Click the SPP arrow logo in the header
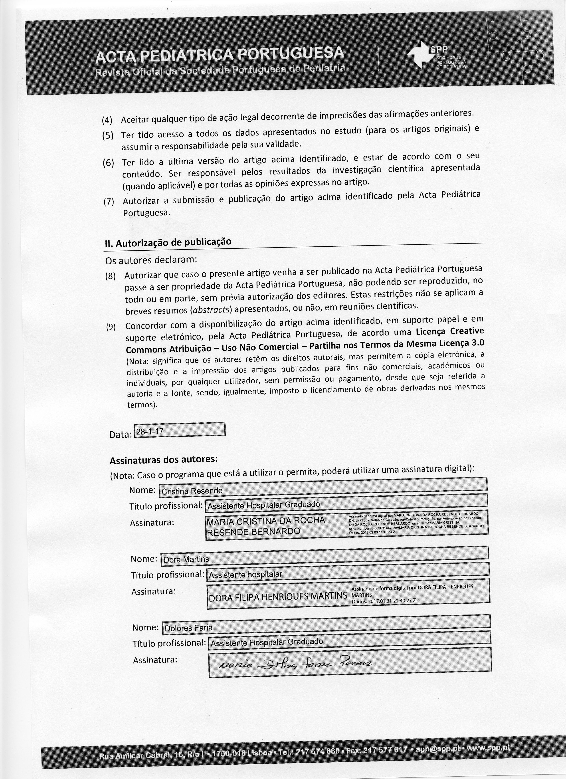(x=419, y=56)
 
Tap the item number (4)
(x=107, y=121)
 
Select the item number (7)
(x=109, y=202)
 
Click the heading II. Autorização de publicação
(x=168, y=242)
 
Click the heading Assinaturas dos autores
(x=164, y=459)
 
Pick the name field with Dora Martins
(x=325, y=559)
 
